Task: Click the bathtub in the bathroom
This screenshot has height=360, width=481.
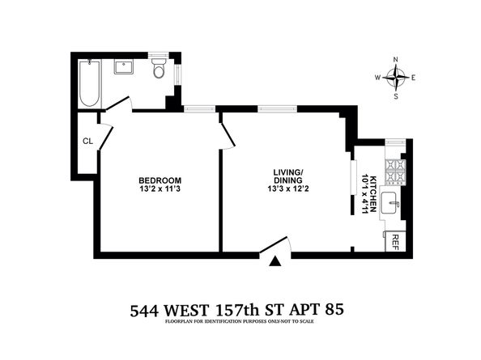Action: [90, 83]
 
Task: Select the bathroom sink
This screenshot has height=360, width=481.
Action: [124, 67]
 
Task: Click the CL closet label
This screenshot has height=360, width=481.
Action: [88, 142]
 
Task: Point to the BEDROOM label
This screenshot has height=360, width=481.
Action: [160, 180]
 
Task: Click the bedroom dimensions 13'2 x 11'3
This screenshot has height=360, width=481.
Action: [160, 188]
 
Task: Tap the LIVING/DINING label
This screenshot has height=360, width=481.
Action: [287, 176]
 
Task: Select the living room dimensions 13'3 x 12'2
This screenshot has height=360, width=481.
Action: [287, 188]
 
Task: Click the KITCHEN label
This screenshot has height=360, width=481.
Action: [373, 194]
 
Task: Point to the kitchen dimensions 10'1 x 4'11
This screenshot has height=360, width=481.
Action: [365, 194]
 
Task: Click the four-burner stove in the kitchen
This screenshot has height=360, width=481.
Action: [396, 172]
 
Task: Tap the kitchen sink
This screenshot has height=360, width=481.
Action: [390, 203]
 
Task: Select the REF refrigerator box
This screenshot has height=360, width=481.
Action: [395, 241]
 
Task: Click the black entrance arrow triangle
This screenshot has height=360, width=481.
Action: [276, 262]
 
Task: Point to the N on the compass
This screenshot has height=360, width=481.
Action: [396, 59]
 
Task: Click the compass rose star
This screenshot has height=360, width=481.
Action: [396, 78]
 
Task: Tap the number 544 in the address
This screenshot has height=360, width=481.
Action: [144, 311]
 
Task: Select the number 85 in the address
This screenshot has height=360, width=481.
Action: [334, 310]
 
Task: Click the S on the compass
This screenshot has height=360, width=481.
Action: [396, 96]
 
